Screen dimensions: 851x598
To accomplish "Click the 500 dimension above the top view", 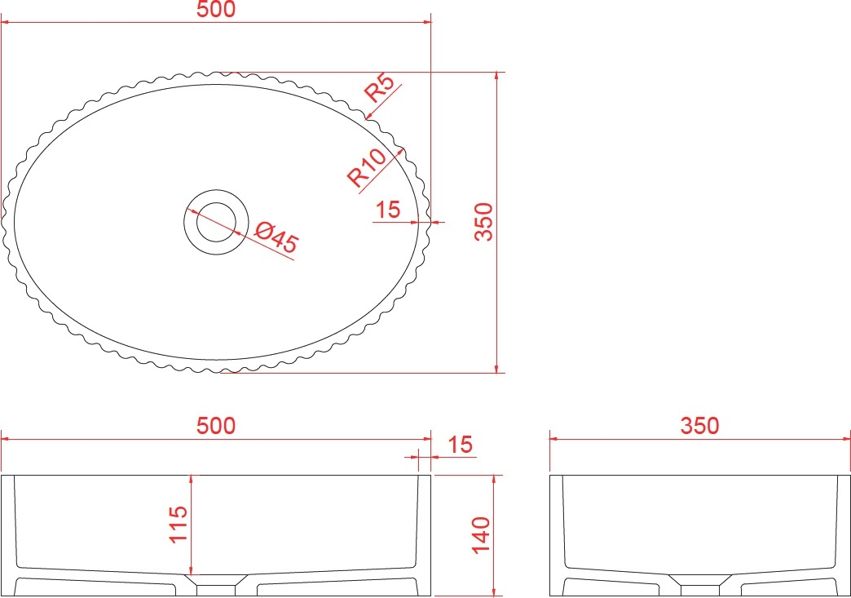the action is point(215,9).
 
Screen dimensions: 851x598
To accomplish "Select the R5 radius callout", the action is point(381,87).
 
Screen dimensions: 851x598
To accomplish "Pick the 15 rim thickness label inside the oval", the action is point(387,209).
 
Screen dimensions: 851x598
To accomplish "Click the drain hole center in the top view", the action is point(216,222).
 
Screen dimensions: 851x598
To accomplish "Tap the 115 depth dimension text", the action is point(179,524).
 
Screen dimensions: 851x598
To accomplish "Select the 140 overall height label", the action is point(481,535).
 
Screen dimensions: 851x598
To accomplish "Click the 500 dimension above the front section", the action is point(215,426).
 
